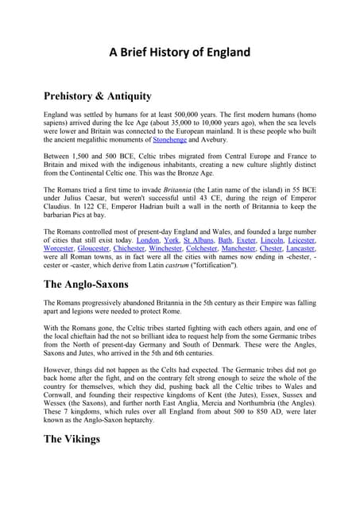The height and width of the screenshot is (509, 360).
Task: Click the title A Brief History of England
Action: pyautogui.click(x=180, y=53)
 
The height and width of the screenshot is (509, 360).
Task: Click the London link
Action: pyautogui.click(x=148, y=239)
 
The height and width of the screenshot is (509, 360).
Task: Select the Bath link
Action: pyautogui.click(x=225, y=239)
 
